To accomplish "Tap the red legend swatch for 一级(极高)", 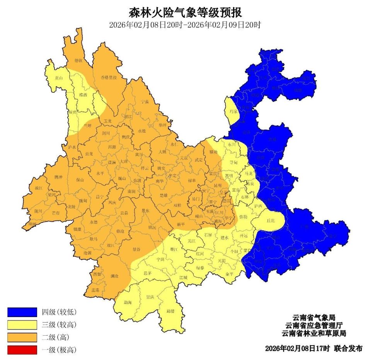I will pos(22,350).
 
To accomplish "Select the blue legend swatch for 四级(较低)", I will pos(22,312).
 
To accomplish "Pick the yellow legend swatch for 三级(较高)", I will pos(22,324).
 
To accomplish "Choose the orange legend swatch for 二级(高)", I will pos(22,337).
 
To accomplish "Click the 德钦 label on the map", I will pos(78,60).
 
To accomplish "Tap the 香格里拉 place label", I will pos(109,77).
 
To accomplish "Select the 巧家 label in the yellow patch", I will pos(233,111).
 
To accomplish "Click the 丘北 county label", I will pos(271,221).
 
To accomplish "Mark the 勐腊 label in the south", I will pos(170,311).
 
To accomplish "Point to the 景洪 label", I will pos(150,297).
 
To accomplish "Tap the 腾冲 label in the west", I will pos(58,177).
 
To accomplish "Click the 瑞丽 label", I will pos(31,224).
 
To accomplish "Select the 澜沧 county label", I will pos(114,276).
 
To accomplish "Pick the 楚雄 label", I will pos(164,196).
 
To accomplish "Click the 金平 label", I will pos(230,274).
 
